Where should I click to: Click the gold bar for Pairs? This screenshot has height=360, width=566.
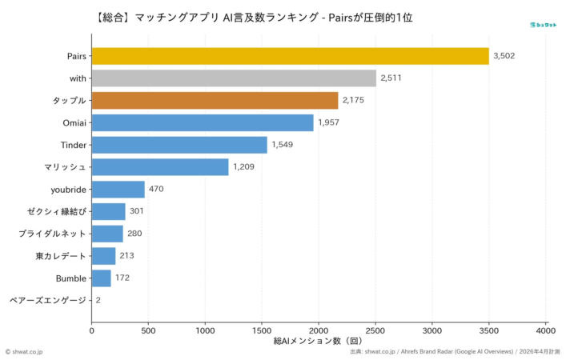click(x=290, y=56)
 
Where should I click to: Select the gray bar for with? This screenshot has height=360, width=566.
click(x=234, y=78)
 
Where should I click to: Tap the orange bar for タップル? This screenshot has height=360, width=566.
click(x=215, y=101)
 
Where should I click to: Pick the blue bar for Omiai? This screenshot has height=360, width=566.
click(x=203, y=122)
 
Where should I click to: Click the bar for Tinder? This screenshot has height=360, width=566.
click(x=179, y=145)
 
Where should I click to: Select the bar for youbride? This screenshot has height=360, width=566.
click(x=118, y=190)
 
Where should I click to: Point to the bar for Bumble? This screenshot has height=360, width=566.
click(x=102, y=278)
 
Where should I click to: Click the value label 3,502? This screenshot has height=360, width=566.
click(x=506, y=56)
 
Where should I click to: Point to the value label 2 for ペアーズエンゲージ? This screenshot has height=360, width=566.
click(x=98, y=301)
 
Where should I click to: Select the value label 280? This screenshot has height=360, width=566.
click(x=135, y=234)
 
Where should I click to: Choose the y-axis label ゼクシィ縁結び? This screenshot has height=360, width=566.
click(x=56, y=212)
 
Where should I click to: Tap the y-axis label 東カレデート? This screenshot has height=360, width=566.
click(x=61, y=256)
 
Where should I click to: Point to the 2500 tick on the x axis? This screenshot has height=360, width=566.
click(x=375, y=329)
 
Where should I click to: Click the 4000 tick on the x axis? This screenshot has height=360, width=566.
click(x=546, y=329)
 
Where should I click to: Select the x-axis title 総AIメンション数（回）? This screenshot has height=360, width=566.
click(x=319, y=341)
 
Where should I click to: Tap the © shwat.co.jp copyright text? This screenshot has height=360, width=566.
click(x=25, y=351)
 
